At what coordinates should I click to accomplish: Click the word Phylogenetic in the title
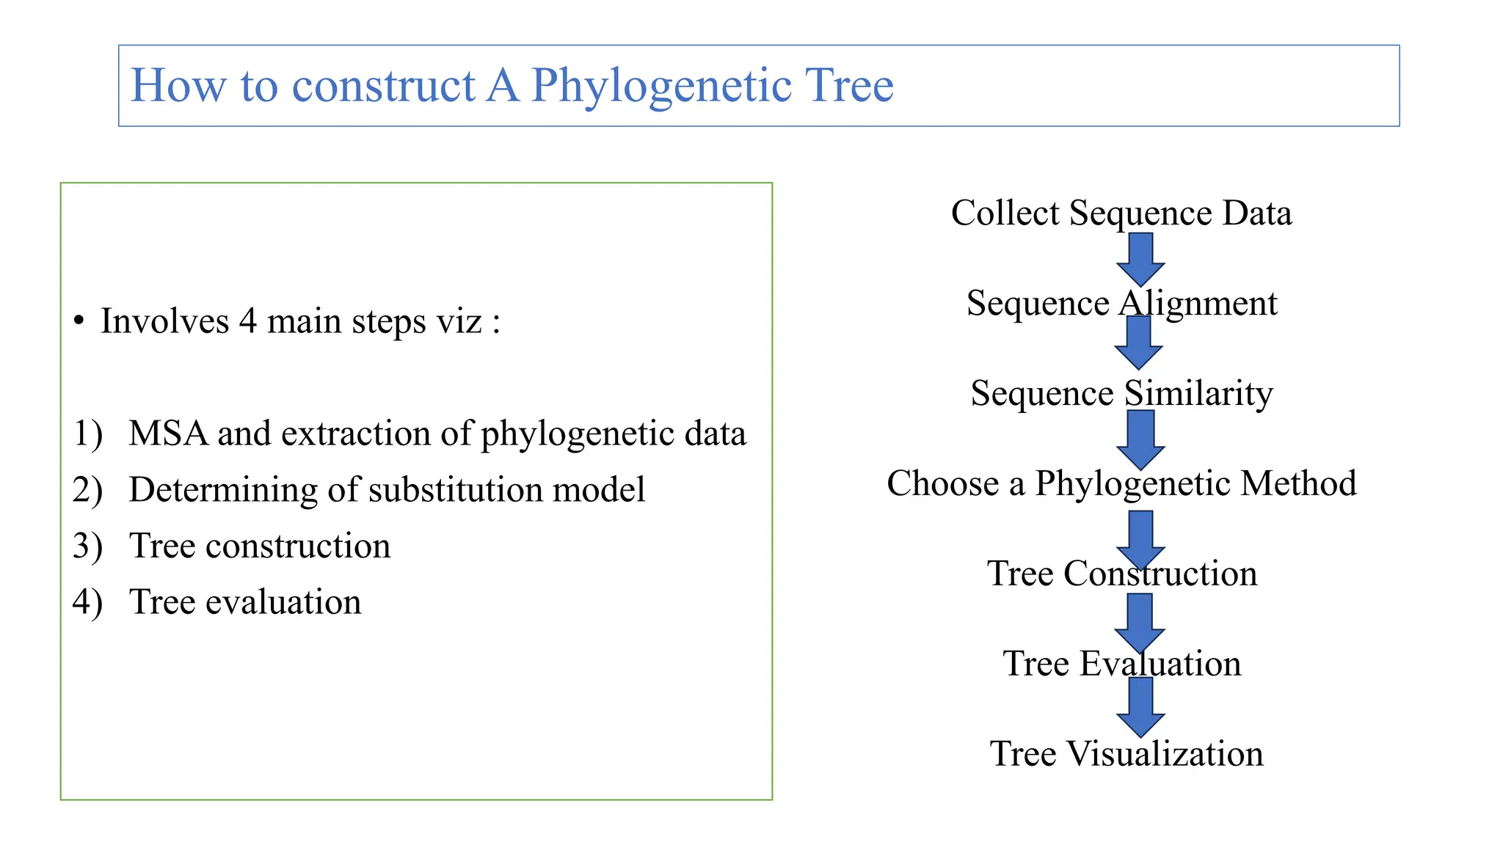click(660, 86)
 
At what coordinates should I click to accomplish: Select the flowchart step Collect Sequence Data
click(1121, 213)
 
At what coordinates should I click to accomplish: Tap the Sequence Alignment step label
click(1121, 303)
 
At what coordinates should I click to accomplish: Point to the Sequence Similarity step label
click(1121, 393)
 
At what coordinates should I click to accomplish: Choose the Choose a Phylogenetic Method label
click(1121, 483)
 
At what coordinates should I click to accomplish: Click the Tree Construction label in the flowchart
click(1121, 573)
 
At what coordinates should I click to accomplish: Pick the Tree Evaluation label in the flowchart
click(1121, 663)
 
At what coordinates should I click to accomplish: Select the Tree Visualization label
click(1126, 753)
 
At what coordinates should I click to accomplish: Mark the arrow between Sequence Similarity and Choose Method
click(1140, 439)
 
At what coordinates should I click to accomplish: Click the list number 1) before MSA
click(87, 434)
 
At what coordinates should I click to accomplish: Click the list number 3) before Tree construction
click(87, 546)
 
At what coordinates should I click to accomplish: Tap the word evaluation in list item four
click(283, 602)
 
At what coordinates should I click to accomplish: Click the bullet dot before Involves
click(79, 321)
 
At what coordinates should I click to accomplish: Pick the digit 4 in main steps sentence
click(247, 321)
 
